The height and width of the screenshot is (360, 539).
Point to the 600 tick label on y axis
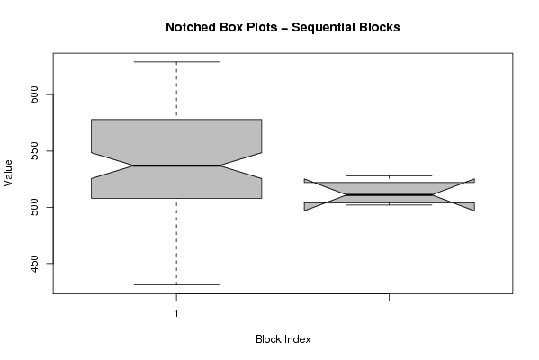35,94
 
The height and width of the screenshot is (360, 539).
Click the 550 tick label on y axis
35,151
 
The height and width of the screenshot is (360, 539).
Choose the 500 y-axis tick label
35,207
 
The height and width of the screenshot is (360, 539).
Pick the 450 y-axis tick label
35,264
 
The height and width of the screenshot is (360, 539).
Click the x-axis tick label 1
176,313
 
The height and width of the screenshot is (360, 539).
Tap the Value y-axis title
8,174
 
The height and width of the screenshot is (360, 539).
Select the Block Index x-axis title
283,339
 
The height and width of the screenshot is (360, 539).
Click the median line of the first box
176,166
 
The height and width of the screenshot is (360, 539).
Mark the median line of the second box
389,195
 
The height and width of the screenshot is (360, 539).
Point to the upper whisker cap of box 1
176,62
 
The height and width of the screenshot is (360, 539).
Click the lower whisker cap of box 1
176,284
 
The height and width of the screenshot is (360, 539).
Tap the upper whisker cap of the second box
389,176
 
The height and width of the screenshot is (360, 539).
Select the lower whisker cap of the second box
389,205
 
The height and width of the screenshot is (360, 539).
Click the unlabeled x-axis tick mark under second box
389,297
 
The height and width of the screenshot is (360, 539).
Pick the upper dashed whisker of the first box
176,91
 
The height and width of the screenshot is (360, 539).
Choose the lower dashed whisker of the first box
176,241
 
